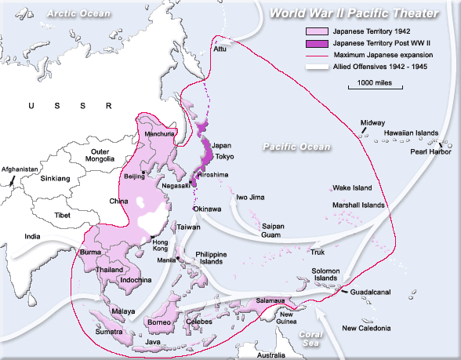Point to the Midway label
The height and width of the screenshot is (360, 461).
[372, 123]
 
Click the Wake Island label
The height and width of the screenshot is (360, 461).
[350, 188]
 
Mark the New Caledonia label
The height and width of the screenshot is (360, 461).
[365, 328]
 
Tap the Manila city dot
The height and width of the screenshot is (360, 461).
[179, 257]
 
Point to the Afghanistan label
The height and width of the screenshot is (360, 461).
[20, 169]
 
